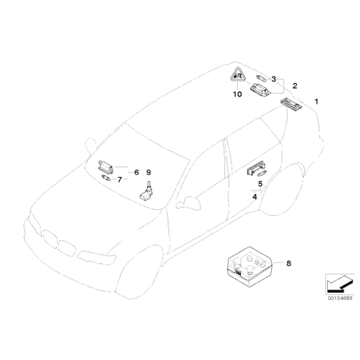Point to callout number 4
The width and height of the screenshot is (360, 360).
click(x=254, y=197)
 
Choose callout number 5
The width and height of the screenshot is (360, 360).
click(x=260, y=184)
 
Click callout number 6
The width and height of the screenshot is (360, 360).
click(x=137, y=170)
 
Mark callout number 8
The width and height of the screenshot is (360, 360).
click(x=287, y=263)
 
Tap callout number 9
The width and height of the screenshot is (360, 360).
click(x=148, y=171)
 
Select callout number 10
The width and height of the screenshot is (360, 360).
click(x=236, y=95)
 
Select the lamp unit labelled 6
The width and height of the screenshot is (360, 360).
click(x=107, y=166)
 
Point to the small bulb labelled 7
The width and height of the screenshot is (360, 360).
click(x=106, y=178)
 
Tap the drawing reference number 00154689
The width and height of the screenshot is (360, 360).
click(x=339, y=298)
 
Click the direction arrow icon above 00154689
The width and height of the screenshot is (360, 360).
click(x=338, y=283)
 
